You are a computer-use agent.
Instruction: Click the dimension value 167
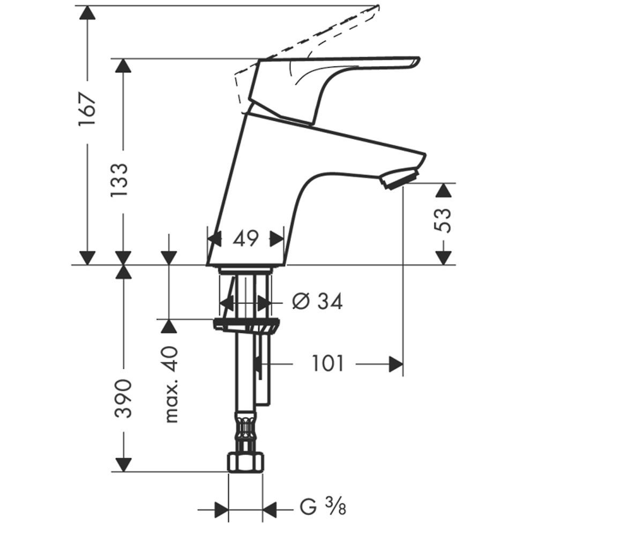pos(87,109)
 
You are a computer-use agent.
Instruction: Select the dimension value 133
pos(120,180)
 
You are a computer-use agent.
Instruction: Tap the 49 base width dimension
pos(246,239)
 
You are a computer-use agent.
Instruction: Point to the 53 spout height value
pos(443,220)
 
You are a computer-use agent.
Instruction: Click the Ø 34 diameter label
pos(317,302)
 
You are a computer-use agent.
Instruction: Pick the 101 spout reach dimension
pos(327,364)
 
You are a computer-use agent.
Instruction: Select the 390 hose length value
pos(124,399)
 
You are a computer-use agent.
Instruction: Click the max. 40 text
pos(171,384)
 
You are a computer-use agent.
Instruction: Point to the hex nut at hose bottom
pos(245,463)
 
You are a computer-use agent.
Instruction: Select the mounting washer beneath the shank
pos(246,325)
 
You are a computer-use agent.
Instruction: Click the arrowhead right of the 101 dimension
pos(396,364)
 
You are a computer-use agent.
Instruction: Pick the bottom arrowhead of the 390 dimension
pos(124,465)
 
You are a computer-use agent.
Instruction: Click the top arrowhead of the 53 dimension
pos(443,190)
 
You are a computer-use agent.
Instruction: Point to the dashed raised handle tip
pos(377,8)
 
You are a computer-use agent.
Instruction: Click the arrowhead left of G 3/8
pos(221,510)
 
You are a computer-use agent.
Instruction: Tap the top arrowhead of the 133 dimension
pos(123,65)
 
